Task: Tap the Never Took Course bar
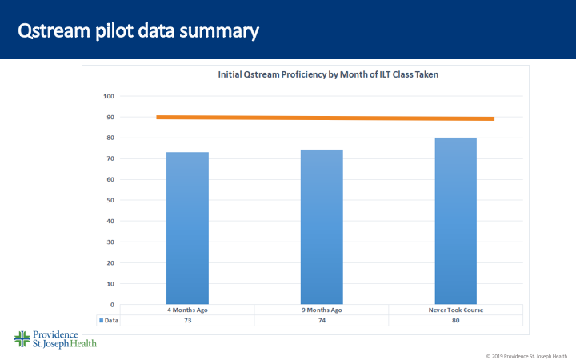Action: pyautogui.click(x=456, y=221)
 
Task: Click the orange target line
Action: pyautogui.click(x=324, y=118)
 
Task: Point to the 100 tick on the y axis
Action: pyautogui.click(x=109, y=96)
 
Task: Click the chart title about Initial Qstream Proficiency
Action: pyautogui.click(x=329, y=74)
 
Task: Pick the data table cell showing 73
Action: pyautogui.click(x=187, y=320)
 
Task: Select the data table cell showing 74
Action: pyautogui.click(x=322, y=320)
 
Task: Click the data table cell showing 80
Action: pyautogui.click(x=456, y=320)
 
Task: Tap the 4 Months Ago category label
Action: pyautogui.click(x=187, y=310)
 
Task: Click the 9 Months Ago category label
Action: pyautogui.click(x=322, y=310)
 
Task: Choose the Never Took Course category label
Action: pyautogui.click(x=456, y=310)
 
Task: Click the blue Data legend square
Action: pyautogui.click(x=101, y=320)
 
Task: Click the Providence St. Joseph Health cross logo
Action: pyautogui.click(x=22, y=338)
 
